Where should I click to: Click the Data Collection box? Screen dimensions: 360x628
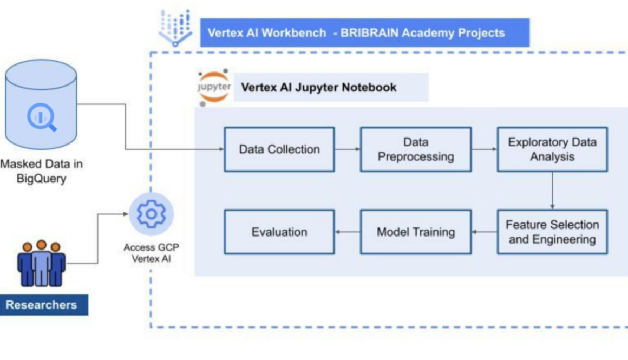click(x=279, y=149)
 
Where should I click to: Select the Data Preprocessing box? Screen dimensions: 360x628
click(x=416, y=149)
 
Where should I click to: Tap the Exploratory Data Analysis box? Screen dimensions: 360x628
click(x=552, y=149)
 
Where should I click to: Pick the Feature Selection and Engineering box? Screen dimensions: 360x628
click(x=552, y=232)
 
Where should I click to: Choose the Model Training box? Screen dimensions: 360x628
click(x=416, y=232)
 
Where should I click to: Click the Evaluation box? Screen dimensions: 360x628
click(x=279, y=232)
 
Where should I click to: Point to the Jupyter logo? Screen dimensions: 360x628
click(x=214, y=87)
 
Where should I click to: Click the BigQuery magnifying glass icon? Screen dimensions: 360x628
click(x=42, y=117)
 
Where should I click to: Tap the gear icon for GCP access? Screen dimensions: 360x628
click(x=151, y=214)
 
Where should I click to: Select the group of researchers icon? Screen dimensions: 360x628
click(x=41, y=263)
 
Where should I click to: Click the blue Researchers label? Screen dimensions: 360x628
click(x=41, y=305)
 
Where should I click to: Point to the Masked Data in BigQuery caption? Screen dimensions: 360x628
click(x=41, y=171)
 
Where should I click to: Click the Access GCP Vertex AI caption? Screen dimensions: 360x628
click(x=151, y=253)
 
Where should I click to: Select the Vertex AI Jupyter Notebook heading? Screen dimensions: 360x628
click(x=318, y=87)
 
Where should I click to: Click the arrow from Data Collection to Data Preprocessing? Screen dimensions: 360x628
click(x=348, y=149)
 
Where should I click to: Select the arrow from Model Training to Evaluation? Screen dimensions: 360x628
click(x=348, y=232)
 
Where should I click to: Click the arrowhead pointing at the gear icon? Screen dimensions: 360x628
click(x=126, y=214)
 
